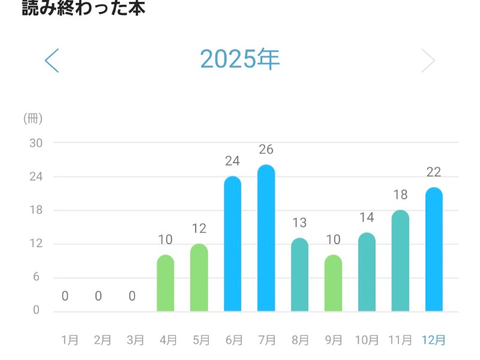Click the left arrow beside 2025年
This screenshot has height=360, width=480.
(52, 60)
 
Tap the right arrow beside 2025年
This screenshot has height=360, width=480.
(428, 60)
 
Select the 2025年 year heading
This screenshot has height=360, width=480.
(240, 59)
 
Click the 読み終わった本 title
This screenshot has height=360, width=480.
(83, 8)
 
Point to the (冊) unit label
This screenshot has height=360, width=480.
(32, 118)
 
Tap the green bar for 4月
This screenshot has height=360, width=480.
(166, 283)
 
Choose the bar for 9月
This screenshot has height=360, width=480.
(333, 283)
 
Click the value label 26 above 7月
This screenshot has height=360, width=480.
(266, 150)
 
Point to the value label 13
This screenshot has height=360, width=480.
(299, 223)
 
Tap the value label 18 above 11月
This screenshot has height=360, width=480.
(400, 195)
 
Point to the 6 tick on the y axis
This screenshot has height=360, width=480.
(36, 277)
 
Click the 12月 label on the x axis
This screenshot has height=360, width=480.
(434, 340)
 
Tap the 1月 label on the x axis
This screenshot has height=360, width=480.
(70, 340)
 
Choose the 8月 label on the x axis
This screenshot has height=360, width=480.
(299, 340)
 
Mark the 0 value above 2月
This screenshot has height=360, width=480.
(98, 296)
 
